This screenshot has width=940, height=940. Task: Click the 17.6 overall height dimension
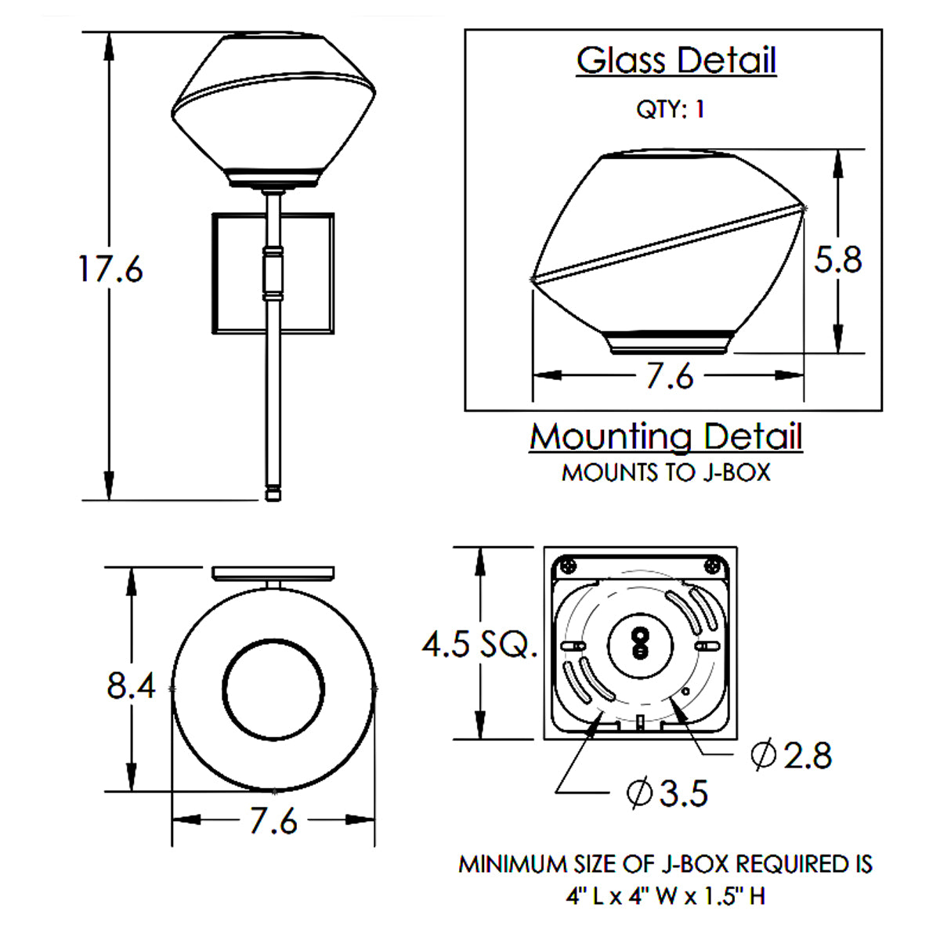coord(110,269)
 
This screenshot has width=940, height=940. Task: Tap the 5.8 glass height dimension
coord(837,259)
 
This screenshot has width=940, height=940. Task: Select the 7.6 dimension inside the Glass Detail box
coord(669,376)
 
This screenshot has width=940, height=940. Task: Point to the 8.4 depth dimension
coord(131,685)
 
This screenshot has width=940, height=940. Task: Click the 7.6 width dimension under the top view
coord(273,820)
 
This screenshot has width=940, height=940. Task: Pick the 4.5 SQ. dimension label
coord(479,643)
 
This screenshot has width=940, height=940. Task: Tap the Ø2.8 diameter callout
coord(791,755)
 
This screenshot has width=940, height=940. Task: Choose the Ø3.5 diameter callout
coord(667,793)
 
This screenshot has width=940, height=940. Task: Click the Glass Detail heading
coord(676,60)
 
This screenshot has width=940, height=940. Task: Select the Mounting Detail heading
coord(666,436)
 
